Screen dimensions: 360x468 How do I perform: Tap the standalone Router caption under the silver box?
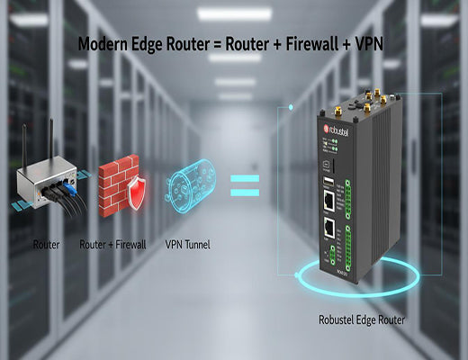tap(45, 243)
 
